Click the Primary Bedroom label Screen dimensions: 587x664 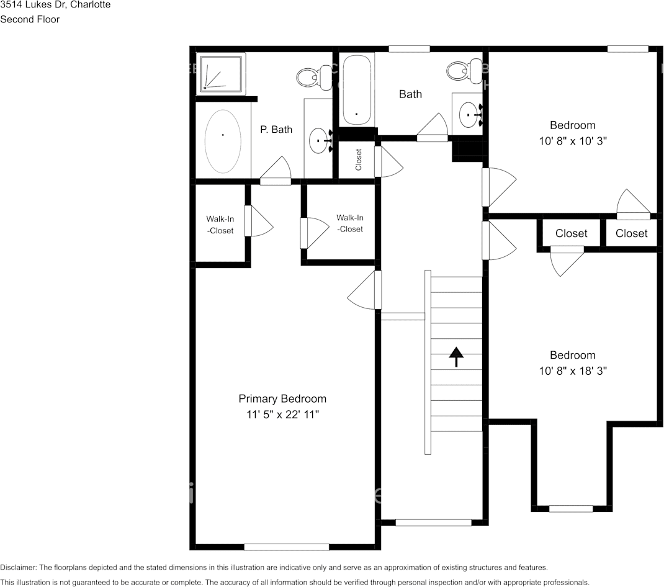pyautogui.click(x=282, y=398)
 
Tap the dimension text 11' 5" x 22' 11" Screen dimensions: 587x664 pyautogui.click(x=282, y=414)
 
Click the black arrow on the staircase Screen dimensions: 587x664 pyautogui.click(x=456, y=356)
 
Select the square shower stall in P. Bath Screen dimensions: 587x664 pyautogui.click(x=221, y=74)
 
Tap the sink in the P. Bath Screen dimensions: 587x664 pyautogui.click(x=320, y=141)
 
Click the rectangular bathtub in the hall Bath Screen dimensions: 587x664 pyautogui.click(x=356, y=90)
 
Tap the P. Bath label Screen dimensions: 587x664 pyautogui.click(x=276, y=130)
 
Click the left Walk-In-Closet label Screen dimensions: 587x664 pyautogui.click(x=220, y=225)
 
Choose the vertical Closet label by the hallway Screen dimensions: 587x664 pyautogui.click(x=359, y=159)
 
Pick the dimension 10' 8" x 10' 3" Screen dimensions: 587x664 pyautogui.click(x=572, y=141)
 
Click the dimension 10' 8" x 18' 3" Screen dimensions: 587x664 pyautogui.click(x=572, y=371)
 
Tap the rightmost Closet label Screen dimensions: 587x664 pyautogui.click(x=631, y=233)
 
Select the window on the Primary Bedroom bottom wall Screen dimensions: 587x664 pyautogui.click(x=286, y=547)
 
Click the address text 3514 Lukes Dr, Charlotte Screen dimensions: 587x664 pyautogui.click(x=55, y=5)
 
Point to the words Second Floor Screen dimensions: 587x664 pyautogui.click(x=30, y=19)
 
